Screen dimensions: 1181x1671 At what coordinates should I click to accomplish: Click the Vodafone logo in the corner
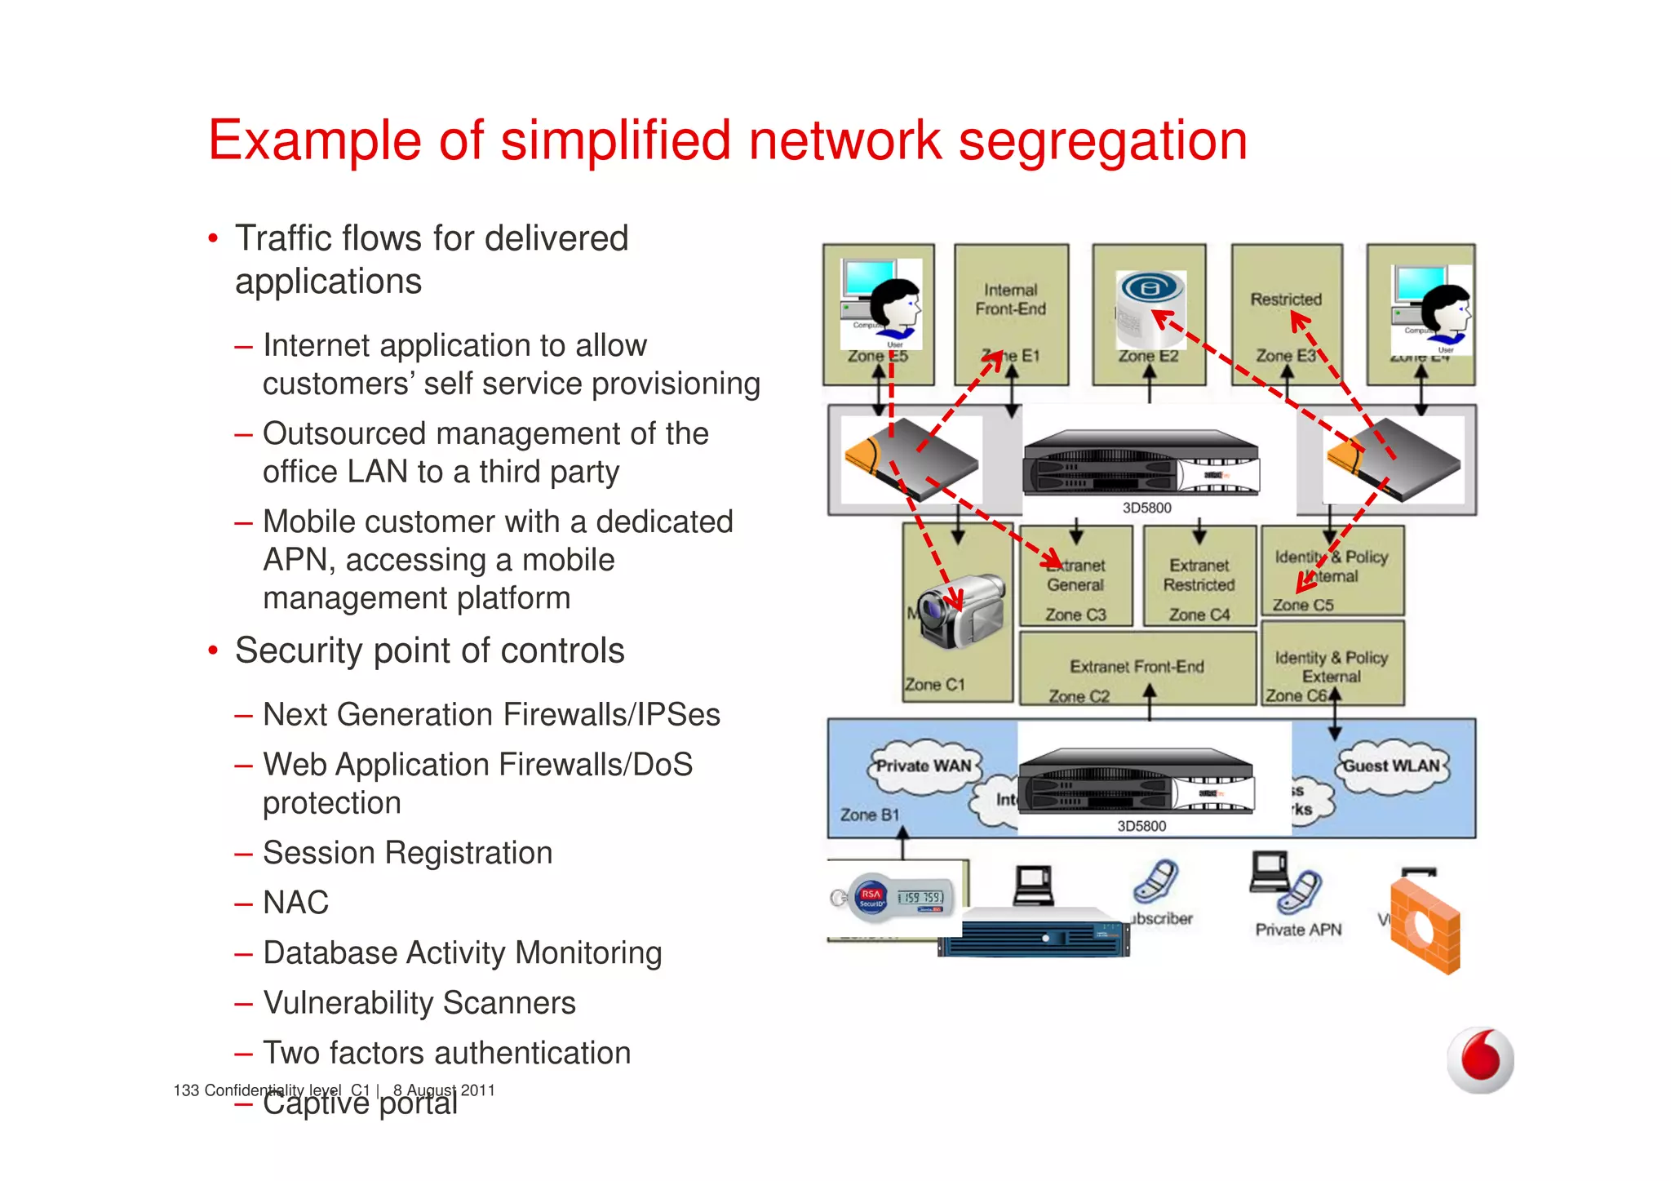click(1480, 1059)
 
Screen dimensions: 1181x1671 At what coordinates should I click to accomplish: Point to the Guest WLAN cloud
click(1392, 766)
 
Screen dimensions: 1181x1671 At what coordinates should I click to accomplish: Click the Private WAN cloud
click(923, 766)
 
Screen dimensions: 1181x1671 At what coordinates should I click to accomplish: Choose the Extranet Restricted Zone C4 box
click(1199, 576)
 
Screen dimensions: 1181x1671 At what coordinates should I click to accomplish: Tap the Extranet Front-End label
click(1137, 667)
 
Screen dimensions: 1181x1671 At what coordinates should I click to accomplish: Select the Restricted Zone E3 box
click(1287, 314)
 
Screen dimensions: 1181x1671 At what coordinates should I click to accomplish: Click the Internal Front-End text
click(1010, 300)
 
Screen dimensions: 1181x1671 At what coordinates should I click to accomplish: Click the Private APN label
click(1297, 930)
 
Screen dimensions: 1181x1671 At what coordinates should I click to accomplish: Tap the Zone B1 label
click(869, 815)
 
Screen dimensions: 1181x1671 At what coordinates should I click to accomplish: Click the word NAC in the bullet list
click(295, 903)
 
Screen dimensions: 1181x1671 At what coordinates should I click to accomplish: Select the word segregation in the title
click(1102, 140)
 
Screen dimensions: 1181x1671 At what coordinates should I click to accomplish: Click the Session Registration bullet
click(407, 853)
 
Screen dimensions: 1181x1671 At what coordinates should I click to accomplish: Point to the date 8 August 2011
click(444, 1090)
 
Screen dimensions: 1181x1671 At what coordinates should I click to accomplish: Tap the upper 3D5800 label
click(1146, 508)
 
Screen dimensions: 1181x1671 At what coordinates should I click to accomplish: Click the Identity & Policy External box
click(1332, 664)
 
